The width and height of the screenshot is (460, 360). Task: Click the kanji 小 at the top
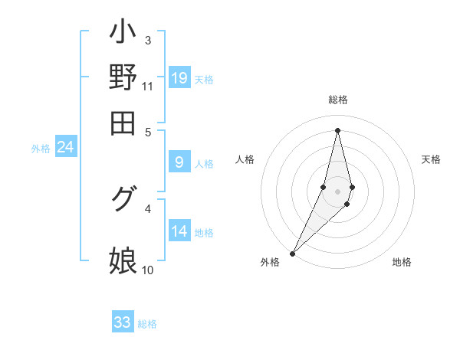123,32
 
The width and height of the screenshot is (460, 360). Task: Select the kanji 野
123,77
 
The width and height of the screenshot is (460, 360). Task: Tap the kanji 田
123,123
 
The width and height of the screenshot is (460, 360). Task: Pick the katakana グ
123,199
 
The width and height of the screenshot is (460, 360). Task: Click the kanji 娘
123,260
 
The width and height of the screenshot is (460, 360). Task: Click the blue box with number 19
179,77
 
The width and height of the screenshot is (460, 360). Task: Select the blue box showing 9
179,162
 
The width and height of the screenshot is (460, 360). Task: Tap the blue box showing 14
179,231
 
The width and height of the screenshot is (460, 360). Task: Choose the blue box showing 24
65,147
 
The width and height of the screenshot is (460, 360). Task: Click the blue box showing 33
123,322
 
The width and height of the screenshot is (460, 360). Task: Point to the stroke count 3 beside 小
147,40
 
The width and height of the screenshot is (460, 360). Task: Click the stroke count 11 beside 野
148,86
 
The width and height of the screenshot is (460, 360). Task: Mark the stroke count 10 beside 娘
148,270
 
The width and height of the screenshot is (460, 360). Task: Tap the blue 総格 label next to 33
147,324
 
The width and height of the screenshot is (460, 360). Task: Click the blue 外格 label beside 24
41,149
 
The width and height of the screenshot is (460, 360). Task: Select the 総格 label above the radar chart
337,100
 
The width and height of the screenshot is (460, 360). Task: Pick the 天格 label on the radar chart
432,159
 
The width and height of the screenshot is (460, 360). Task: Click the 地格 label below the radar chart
402,262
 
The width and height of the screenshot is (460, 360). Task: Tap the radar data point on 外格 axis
292,252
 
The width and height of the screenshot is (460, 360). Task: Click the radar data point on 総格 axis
337,129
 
